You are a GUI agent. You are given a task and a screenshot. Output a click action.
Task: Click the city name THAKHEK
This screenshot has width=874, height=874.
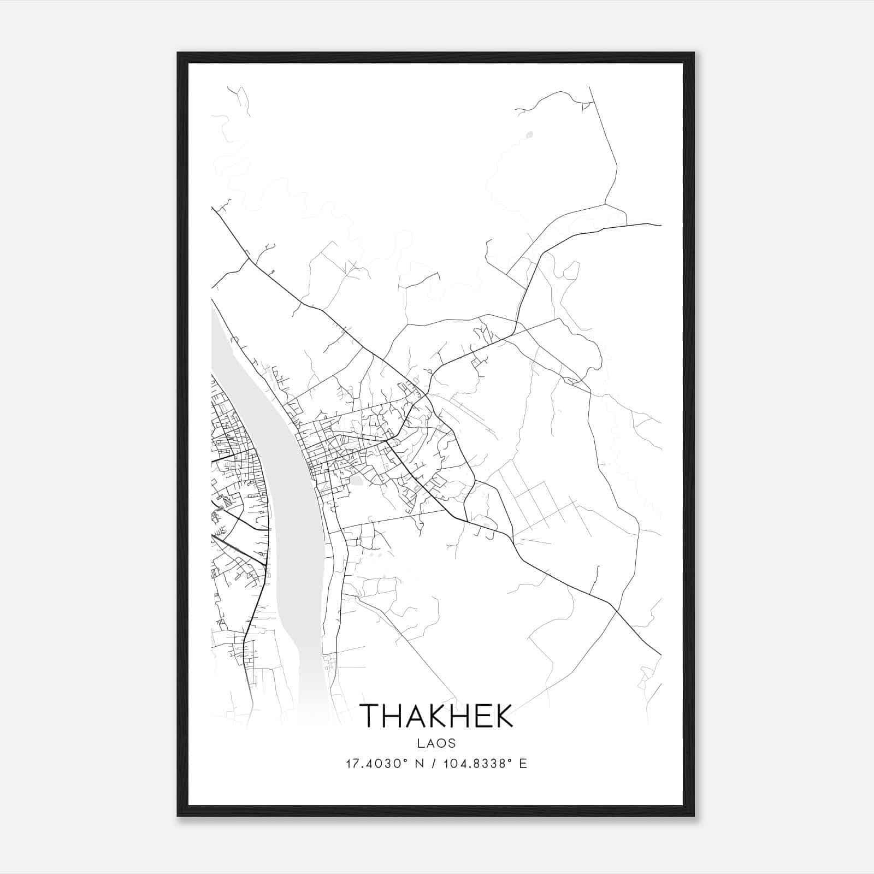[436, 715]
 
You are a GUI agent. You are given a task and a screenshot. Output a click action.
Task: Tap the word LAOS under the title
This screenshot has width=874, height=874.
[436, 743]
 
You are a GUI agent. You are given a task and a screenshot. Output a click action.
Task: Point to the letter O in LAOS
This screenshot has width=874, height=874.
[441, 743]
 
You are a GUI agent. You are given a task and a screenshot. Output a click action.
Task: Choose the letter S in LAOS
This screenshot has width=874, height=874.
[452, 743]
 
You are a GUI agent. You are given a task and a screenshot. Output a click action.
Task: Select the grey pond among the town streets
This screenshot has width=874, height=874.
[356, 481]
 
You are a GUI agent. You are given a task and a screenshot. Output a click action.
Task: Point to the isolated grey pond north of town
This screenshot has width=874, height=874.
[528, 133]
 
